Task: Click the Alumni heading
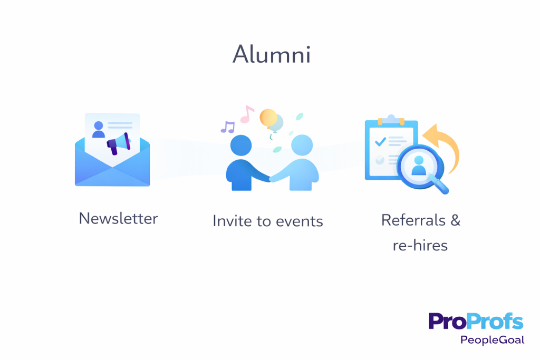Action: [x=271, y=54]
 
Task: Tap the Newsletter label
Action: [x=118, y=218]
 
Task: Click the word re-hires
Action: [x=420, y=245]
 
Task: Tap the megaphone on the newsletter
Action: [x=119, y=143]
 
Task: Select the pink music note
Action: [x=247, y=113]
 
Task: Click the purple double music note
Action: [x=228, y=127]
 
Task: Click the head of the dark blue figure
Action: [x=241, y=145]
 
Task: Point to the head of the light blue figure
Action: [x=302, y=145]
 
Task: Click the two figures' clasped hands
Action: [x=271, y=178]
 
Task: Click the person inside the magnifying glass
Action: [x=418, y=165]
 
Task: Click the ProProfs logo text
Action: [x=475, y=322]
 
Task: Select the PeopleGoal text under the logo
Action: [x=492, y=340]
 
